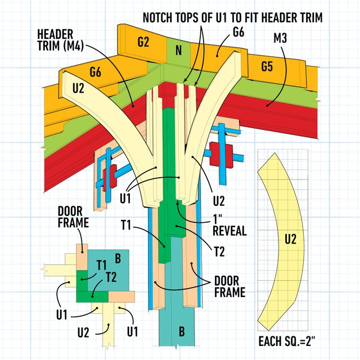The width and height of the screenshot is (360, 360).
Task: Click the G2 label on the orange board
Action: (143, 42)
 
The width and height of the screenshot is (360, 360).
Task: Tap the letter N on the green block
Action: (179, 51)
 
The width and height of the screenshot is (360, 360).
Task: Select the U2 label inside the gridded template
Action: (290, 239)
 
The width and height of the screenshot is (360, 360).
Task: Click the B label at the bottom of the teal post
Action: (182, 331)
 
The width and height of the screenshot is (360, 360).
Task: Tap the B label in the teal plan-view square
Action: (118, 259)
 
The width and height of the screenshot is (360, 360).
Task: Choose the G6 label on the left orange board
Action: (97, 71)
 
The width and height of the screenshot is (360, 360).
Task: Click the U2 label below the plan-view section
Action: (83, 332)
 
